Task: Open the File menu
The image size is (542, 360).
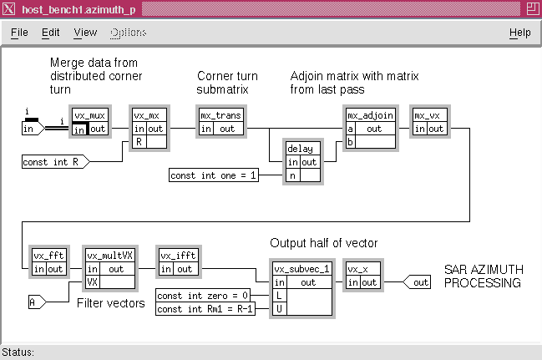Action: [x=19, y=33]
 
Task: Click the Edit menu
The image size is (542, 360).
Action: [x=50, y=33]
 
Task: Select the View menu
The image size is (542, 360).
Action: [x=85, y=33]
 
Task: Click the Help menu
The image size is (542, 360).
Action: [x=520, y=33]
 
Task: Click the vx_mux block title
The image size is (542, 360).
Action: [x=90, y=115]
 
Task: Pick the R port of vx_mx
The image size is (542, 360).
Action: [x=139, y=142]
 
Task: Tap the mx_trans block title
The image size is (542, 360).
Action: [x=220, y=115]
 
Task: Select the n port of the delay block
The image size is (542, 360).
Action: [x=293, y=175]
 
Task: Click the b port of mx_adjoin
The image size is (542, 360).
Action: [x=350, y=142]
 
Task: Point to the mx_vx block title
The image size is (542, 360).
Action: [x=428, y=115]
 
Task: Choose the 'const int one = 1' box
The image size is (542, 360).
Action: [x=214, y=175]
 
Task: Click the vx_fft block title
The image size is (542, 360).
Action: [x=48, y=256]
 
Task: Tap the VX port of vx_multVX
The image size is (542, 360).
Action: [x=93, y=282]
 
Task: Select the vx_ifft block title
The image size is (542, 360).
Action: [x=179, y=256]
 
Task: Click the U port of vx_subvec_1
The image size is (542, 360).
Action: [x=279, y=308]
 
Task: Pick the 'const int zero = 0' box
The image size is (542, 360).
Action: [x=203, y=296]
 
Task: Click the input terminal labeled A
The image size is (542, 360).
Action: [x=37, y=302]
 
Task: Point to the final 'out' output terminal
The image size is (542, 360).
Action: [x=417, y=282]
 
